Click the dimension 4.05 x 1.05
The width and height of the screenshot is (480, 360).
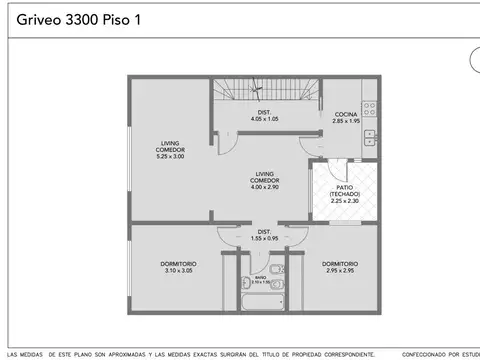click(264, 119)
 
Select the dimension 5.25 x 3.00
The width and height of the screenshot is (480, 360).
click(170, 157)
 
